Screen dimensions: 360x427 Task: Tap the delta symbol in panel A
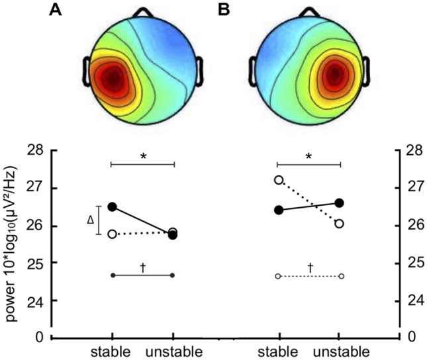(x=90, y=220)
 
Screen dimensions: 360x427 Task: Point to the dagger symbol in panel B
(x=310, y=267)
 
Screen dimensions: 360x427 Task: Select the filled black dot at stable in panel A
(x=112, y=207)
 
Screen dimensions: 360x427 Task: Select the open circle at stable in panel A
(x=112, y=234)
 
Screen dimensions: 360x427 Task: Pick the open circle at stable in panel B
(x=279, y=180)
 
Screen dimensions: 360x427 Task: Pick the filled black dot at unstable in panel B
(x=340, y=203)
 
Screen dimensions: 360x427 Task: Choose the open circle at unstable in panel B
(x=340, y=224)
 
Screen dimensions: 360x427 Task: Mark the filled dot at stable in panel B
(x=279, y=210)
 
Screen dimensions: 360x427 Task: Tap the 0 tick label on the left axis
(x=40, y=337)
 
